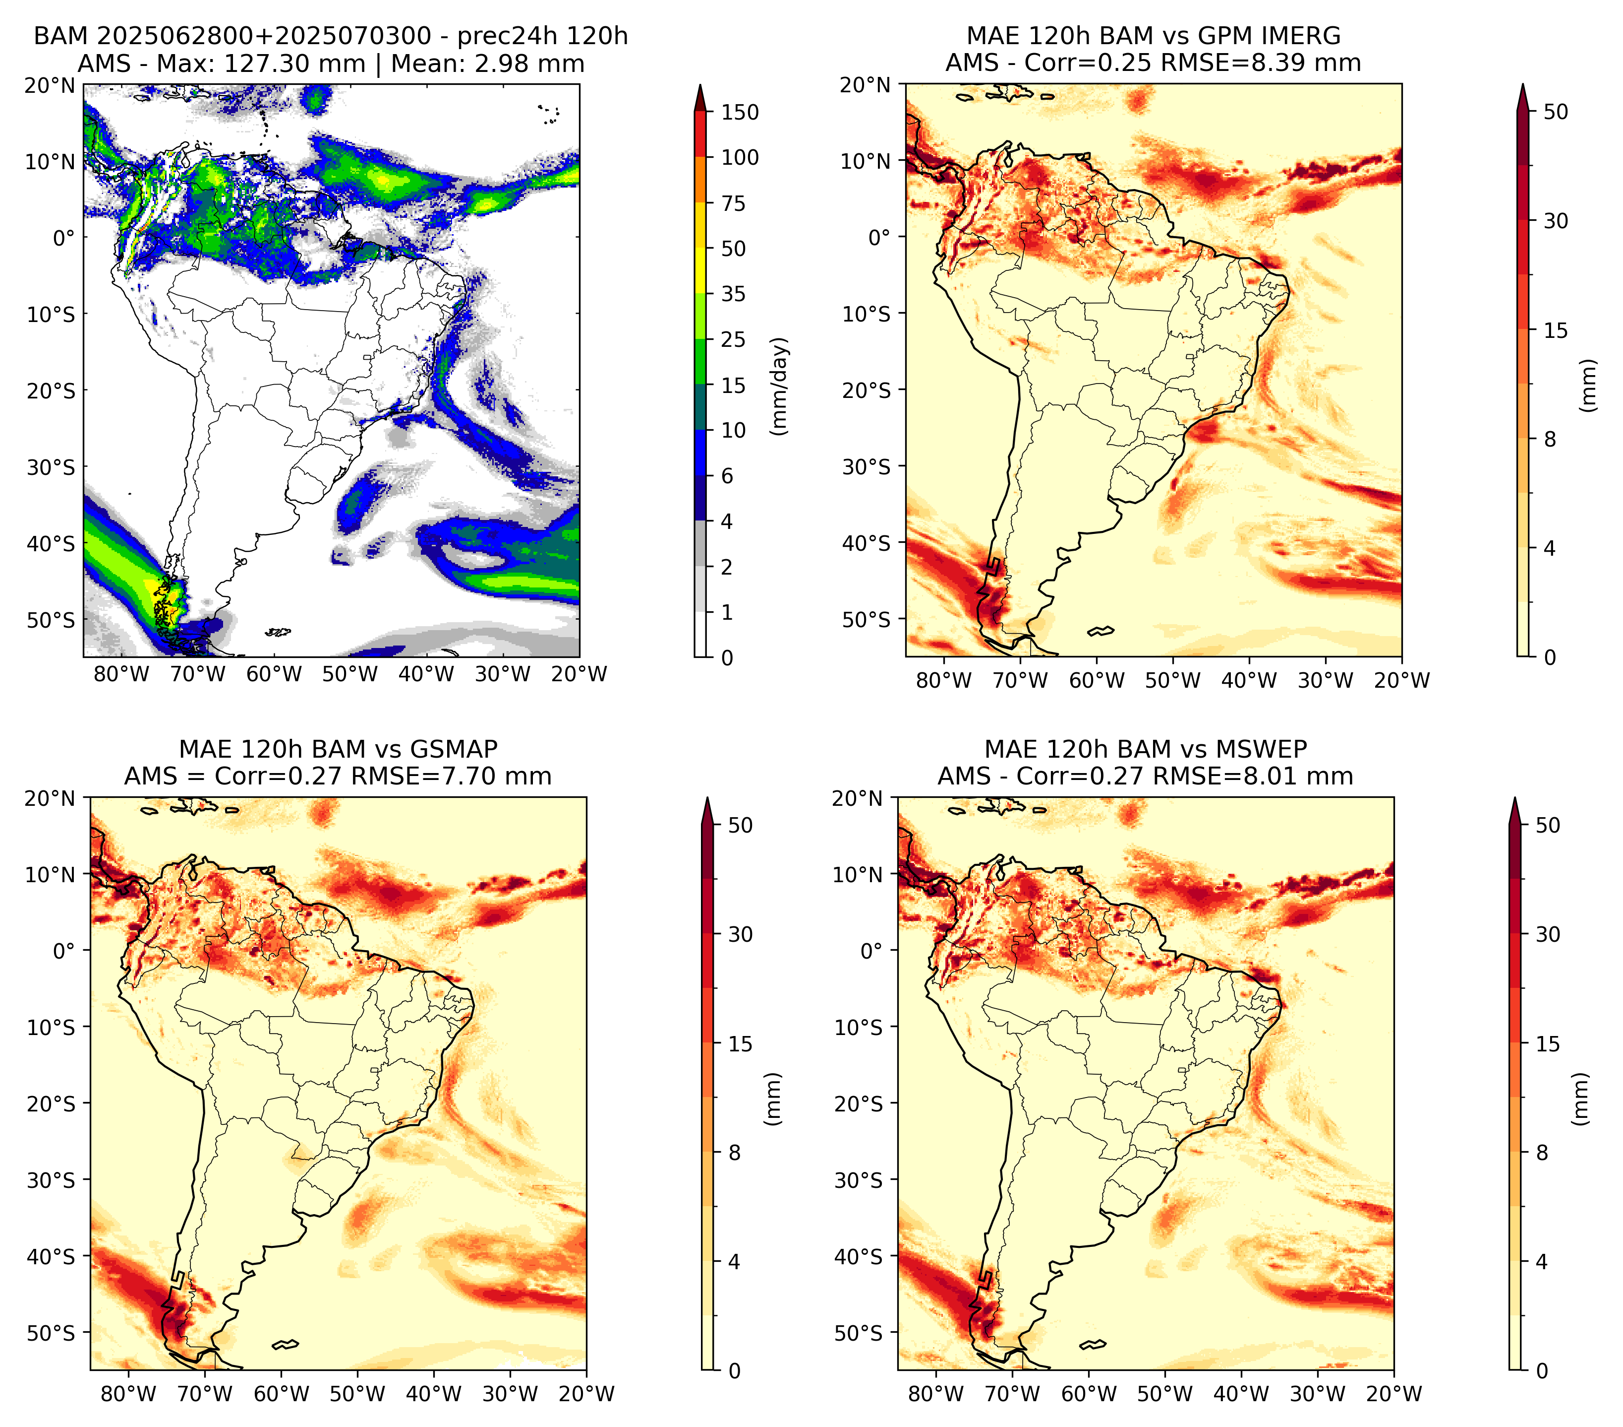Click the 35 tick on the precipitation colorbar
[x=733, y=294]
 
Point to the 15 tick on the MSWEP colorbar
[x=1548, y=1043]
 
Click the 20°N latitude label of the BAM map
[x=49, y=85]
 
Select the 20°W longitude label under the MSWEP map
[x=1393, y=1394]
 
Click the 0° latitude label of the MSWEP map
[x=870, y=950]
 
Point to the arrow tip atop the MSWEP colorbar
[x=1515, y=798]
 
